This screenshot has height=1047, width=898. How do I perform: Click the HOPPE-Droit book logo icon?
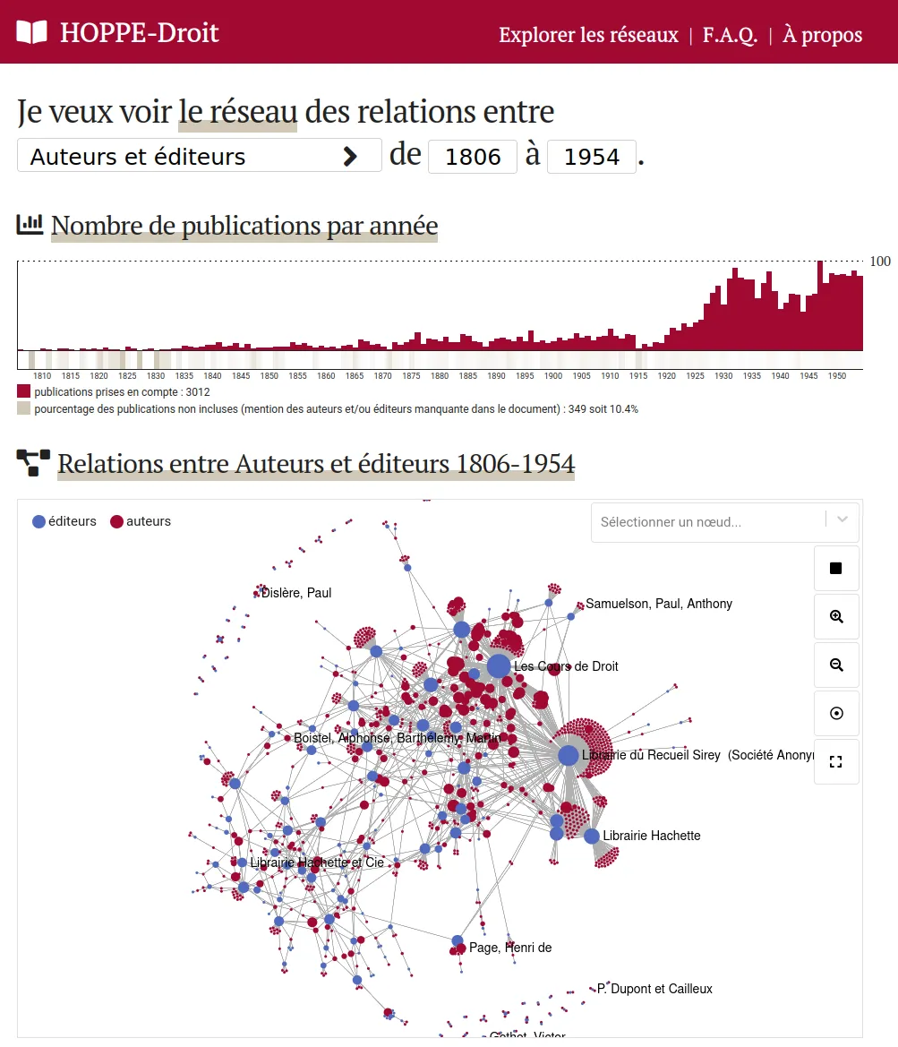[31, 33]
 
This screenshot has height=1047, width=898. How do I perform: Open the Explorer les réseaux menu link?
[588, 35]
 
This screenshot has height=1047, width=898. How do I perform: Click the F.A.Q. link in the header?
[730, 35]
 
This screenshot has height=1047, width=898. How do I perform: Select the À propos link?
[822, 35]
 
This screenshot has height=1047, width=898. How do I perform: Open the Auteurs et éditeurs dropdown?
[199, 156]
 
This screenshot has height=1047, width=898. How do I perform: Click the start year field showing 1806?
[473, 157]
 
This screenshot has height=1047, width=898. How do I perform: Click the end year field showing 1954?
[592, 157]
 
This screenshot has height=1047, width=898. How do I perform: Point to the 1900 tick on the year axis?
[553, 375]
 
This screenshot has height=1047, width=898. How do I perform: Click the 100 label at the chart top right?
[880, 262]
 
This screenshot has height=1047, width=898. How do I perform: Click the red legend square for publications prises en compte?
[23, 392]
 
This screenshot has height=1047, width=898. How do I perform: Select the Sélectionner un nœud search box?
[707, 522]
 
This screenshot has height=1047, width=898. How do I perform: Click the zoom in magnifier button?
[836, 617]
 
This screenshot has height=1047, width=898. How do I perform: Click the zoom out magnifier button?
[836, 665]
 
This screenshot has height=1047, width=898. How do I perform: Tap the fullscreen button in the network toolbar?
[836, 762]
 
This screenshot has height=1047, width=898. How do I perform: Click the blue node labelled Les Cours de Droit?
[499, 666]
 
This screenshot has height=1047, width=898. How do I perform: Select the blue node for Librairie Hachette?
[592, 836]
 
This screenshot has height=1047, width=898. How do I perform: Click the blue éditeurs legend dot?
[38, 521]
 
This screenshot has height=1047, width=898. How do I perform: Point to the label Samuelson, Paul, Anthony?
[658, 604]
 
